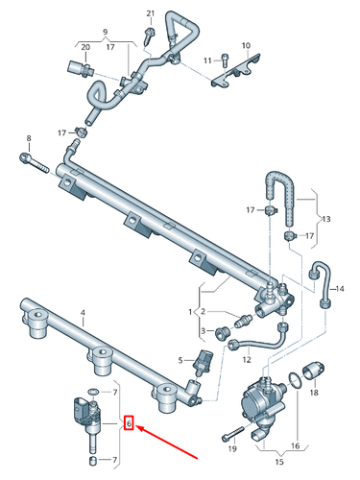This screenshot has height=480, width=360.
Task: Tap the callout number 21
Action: [149, 12]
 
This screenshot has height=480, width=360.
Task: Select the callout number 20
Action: [84, 46]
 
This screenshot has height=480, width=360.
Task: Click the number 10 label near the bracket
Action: [245, 45]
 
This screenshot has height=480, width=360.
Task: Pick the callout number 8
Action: [28, 139]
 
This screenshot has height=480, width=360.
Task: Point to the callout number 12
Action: [246, 360]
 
